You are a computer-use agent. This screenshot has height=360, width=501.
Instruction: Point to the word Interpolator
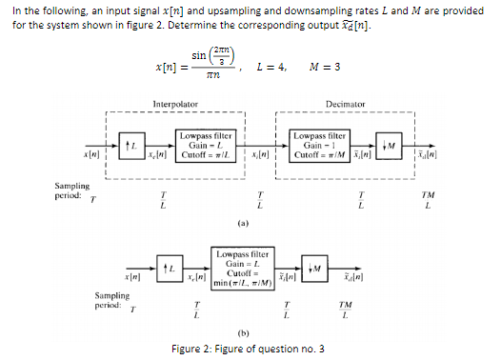click(175, 102)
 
